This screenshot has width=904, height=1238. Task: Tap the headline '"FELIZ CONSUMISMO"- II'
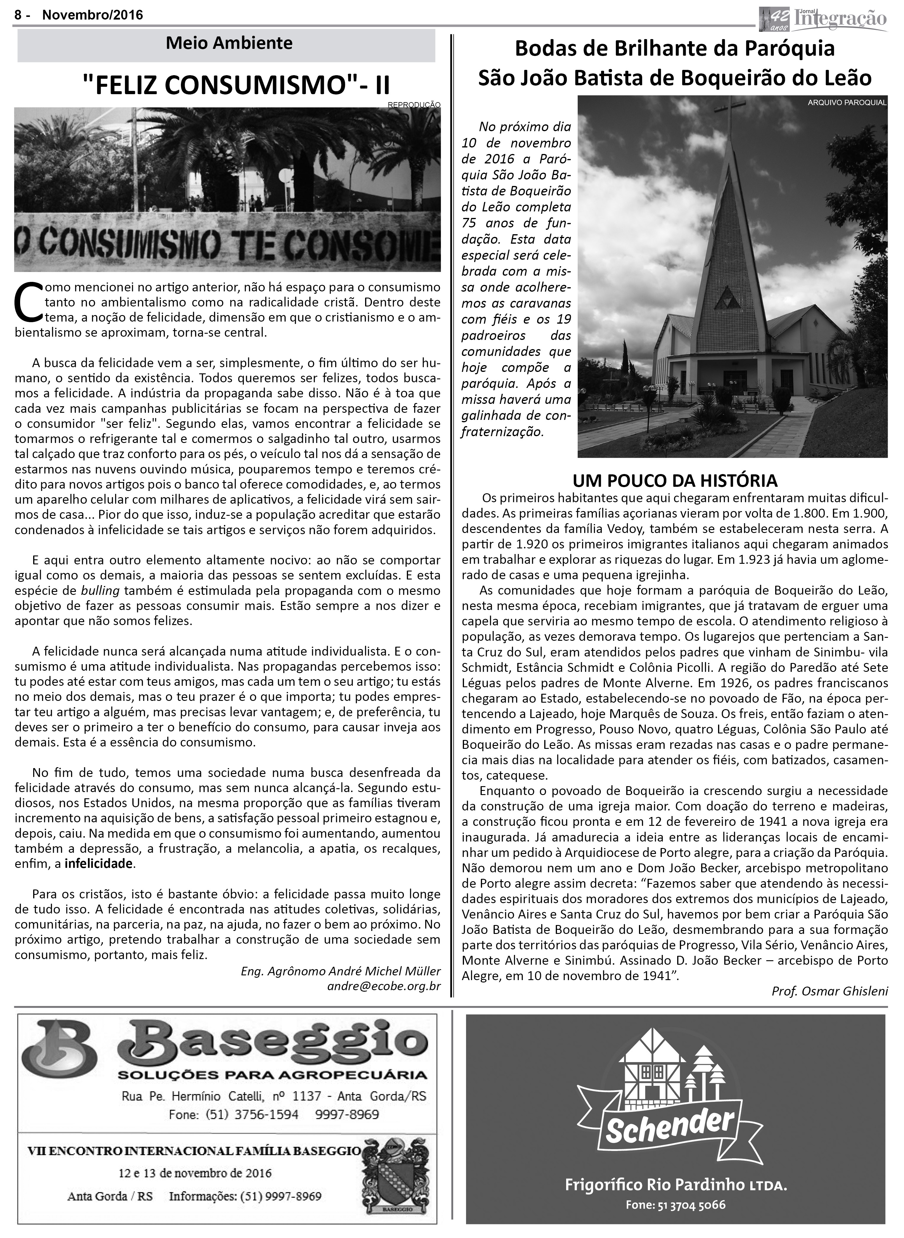click(x=236, y=85)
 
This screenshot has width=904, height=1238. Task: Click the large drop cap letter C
click(x=27, y=302)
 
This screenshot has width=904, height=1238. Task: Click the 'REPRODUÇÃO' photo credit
click(x=414, y=104)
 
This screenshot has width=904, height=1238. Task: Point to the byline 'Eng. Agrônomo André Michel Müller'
click(x=340, y=971)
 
